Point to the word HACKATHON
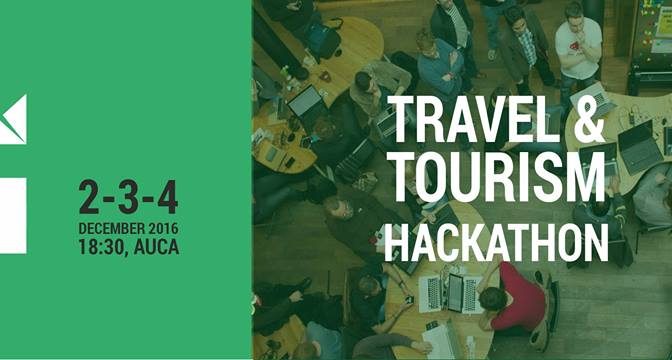(495, 242)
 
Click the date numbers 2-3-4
(128, 199)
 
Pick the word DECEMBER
(113, 228)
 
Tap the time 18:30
(102, 246)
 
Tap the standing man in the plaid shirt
(523, 50)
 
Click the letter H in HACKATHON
(395, 242)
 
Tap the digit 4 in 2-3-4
(166, 199)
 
